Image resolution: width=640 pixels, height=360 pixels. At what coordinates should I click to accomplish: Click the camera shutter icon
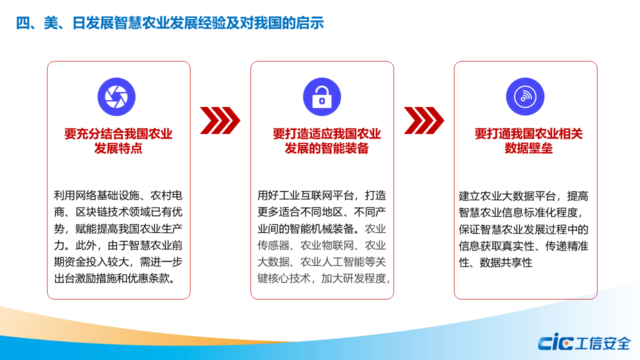[116, 97]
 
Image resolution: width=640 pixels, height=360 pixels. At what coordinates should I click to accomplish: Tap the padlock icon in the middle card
[322, 97]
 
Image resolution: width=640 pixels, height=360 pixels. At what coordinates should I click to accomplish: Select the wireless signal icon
[525, 97]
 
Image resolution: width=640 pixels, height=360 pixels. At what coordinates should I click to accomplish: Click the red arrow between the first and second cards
[220, 120]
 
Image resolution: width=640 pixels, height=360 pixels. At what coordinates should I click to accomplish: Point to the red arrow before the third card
[424, 120]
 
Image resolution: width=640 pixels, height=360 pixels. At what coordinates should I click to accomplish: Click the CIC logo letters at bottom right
[555, 341]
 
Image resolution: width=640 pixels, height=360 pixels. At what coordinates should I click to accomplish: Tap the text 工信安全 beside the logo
[603, 343]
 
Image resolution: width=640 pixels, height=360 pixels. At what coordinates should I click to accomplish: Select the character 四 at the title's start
[22, 23]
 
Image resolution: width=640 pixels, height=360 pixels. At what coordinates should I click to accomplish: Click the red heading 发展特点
[118, 148]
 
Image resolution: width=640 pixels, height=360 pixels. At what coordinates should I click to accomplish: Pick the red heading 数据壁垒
[528, 148]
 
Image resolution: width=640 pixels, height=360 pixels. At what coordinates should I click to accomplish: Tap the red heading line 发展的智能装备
[326, 148]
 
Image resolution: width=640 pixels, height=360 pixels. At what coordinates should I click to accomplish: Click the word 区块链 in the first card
[91, 212]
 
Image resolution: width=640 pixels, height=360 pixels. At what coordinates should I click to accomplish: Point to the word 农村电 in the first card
[166, 195]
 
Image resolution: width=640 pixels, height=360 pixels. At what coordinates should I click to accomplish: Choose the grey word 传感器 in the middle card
[273, 245]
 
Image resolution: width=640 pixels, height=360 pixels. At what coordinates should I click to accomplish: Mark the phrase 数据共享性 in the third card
[506, 262]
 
